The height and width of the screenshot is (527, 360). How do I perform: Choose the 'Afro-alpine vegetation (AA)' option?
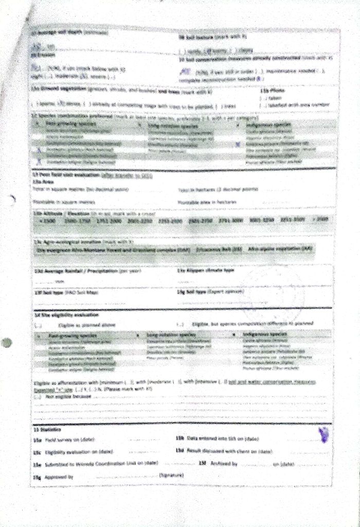point(280,249)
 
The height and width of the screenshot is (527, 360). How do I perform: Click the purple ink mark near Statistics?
point(323,435)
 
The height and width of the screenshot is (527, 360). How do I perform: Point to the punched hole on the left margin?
point(6,343)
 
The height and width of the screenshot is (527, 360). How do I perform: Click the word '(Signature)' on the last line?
point(172,474)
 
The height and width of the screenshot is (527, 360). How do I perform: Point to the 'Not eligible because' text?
point(64,397)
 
